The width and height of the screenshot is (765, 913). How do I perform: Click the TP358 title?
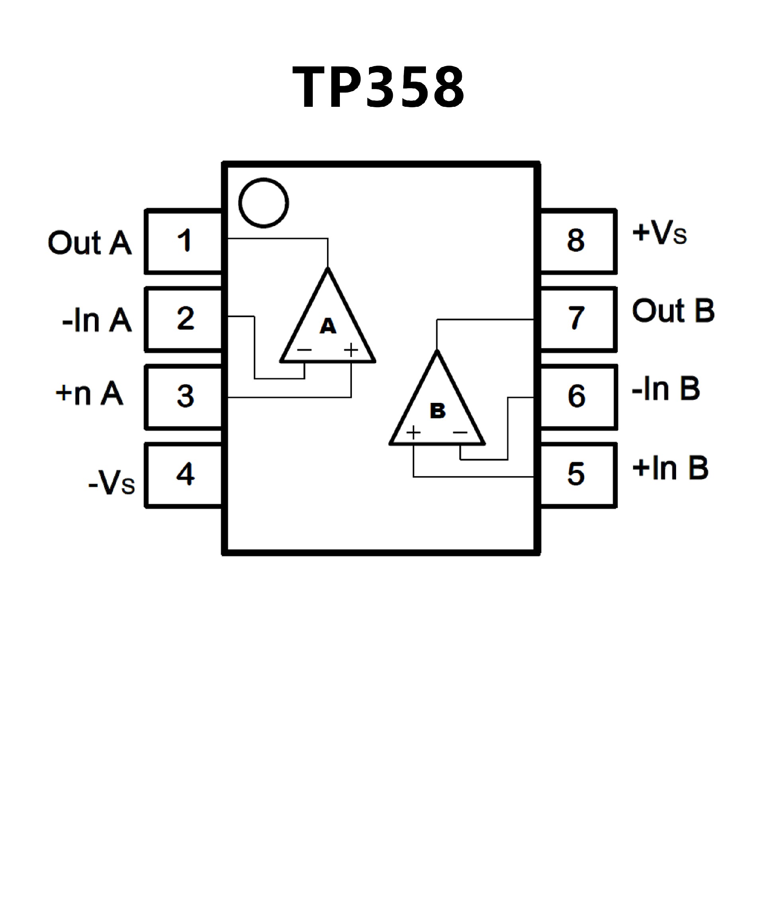click(379, 86)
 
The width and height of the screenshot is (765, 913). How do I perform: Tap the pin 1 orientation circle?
click(263, 202)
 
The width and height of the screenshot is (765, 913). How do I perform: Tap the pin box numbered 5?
click(577, 475)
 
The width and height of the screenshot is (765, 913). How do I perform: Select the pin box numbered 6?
click(577, 397)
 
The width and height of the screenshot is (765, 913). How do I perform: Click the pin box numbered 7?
click(577, 319)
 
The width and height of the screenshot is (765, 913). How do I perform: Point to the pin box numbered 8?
click(577, 241)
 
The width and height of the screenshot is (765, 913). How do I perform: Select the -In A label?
click(96, 320)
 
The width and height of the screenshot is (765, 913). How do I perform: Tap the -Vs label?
click(112, 483)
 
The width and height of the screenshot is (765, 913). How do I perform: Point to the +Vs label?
click(659, 233)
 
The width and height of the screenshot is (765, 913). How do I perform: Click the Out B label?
click(673, 311)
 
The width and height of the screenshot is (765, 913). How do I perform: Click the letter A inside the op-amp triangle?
click(328, 326)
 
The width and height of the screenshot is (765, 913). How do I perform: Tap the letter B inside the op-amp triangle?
click(437, 410)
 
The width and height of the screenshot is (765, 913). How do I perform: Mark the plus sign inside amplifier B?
click(413, 432)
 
